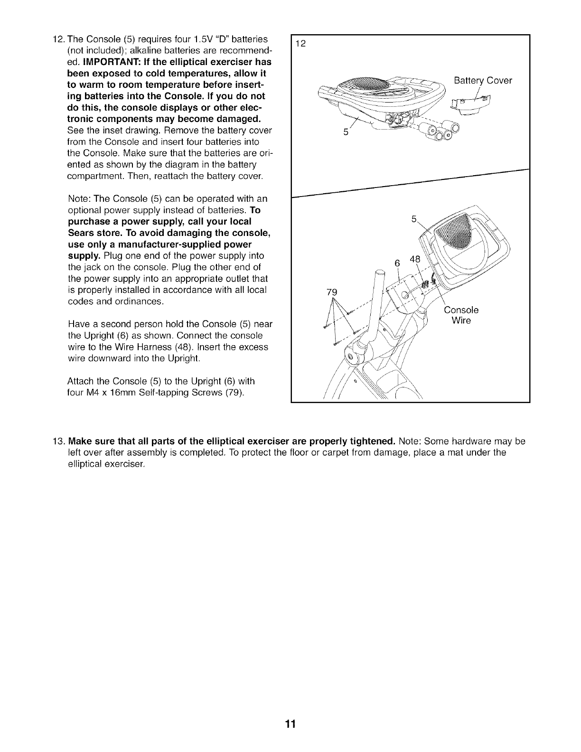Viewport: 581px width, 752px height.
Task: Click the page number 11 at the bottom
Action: click(290, 724)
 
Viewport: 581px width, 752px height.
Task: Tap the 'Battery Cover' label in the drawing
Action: click(483, 81)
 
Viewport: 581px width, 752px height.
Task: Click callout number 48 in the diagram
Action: click(415, 260)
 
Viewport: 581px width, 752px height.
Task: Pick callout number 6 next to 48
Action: click(398, 263)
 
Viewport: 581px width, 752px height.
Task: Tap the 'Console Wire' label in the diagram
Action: click(461, 315)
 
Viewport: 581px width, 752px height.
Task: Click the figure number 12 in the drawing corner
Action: click(300, 44)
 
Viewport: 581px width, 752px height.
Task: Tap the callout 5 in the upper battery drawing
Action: click(346, 132)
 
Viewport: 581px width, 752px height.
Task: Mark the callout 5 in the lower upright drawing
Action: click(413, 219)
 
